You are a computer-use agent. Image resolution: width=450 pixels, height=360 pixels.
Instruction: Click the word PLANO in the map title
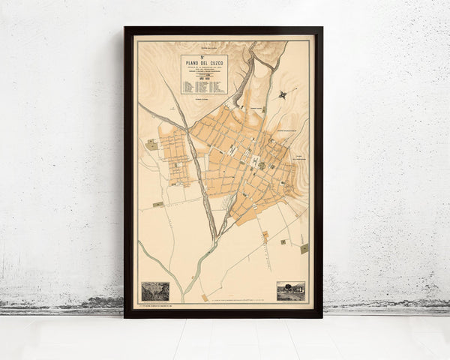pyautogui.click(x=193, y=64)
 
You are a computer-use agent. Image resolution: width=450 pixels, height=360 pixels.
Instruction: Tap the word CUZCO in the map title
pyautogui.click(x=215, y=64)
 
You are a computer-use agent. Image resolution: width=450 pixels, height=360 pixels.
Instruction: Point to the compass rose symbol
pyautogui.click(x=282, y=94)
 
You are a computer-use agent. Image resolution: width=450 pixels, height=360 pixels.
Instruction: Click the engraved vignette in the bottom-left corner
pyautogui.click(x=155, y=291)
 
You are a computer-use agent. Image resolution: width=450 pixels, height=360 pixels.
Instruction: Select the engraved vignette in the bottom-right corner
pyautogui.click(x=291, y=291)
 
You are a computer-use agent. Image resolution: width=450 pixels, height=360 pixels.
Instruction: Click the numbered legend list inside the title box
pyautogui.click(x=203, y=85)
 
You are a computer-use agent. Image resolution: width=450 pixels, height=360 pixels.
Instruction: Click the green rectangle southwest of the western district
pyautogui.click(x=158, y=204)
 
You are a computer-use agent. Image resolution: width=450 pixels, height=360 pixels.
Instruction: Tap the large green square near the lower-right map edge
pyautogui.click(x=304, y=248)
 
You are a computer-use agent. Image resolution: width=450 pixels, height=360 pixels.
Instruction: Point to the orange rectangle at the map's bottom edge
pyautogui.click(x=204, y=298)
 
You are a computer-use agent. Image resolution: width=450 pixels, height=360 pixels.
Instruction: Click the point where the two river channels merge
pyautogui.click(x=215, y=241)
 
